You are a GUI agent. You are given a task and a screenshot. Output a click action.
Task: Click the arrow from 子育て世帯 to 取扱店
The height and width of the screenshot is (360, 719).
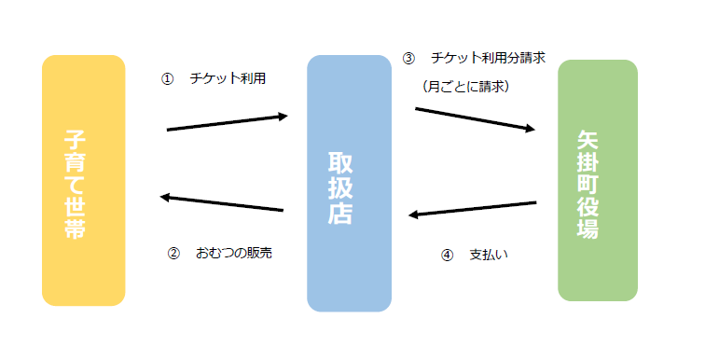coord(228,122)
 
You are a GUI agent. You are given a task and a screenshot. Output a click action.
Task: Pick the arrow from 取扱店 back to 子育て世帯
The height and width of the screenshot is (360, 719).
coord(221,202)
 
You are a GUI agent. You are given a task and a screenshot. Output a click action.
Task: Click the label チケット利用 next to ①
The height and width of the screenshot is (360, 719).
coord(228,79)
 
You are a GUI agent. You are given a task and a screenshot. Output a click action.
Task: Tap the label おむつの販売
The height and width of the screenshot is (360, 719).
coord(234,253)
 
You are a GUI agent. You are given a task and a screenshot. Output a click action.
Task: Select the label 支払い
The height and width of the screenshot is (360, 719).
coord(489,255)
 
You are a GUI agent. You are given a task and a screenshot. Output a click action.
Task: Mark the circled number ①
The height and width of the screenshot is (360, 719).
coord(168,79)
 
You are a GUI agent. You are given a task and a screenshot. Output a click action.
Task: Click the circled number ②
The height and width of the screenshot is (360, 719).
coord(173,253)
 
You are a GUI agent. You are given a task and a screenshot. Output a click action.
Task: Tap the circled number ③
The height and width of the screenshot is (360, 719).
coord(408,58)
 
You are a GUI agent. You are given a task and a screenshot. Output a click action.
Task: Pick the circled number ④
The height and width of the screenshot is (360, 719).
coord(446,255)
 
